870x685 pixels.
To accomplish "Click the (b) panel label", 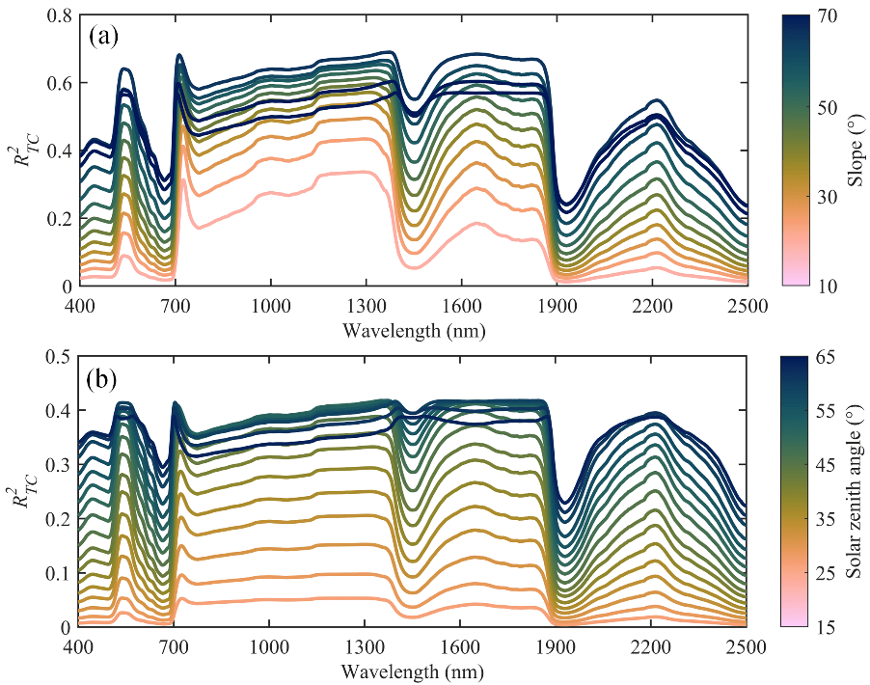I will pos(104,378).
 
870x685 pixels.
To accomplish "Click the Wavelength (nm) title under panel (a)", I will pos(413,329).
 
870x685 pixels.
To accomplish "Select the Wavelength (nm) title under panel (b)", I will pos(413,670).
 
